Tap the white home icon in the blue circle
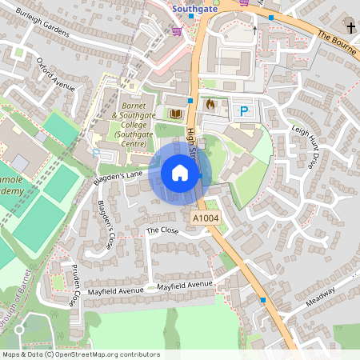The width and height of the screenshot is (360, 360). (180, 173)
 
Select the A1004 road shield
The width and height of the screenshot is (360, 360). (206, 218)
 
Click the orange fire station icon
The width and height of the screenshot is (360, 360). (211, 104)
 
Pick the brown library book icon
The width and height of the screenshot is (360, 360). (175, 114)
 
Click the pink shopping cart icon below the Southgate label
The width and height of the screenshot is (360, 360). (177, 31)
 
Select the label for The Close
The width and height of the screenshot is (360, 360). (162, 230)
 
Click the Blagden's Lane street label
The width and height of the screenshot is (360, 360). (118, 178)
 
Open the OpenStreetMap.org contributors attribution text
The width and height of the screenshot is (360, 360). (112, 354)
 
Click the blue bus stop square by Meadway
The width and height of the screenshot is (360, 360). (263, 300)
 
